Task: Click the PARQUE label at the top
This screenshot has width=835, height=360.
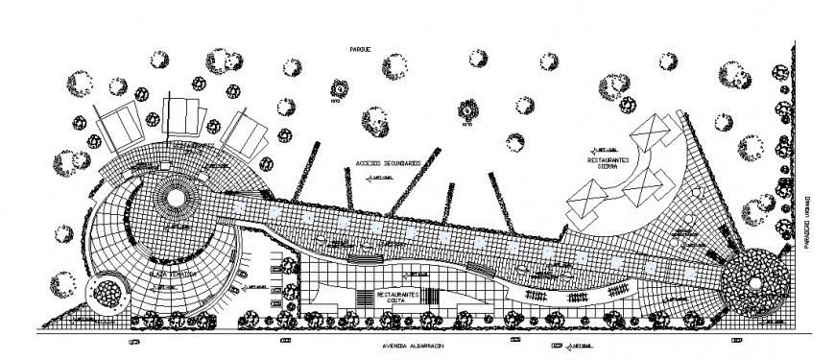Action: [x=368, y=47]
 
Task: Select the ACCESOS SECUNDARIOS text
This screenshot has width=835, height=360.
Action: [x=387, y=164]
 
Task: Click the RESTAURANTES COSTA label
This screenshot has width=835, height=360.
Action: [x=396, y=298]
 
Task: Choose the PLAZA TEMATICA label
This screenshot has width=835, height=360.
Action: [x=173, y=274]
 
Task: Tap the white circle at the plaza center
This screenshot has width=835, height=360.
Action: [x=178, y=198]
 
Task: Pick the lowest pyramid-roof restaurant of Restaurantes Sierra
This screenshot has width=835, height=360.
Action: [x=587, y=204]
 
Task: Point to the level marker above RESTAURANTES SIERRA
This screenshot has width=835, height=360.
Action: [x=608, y=149]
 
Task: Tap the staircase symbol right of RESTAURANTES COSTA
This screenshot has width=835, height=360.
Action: [x=435, y=297]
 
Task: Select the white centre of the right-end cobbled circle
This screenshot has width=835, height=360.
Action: [x=758, y=280]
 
